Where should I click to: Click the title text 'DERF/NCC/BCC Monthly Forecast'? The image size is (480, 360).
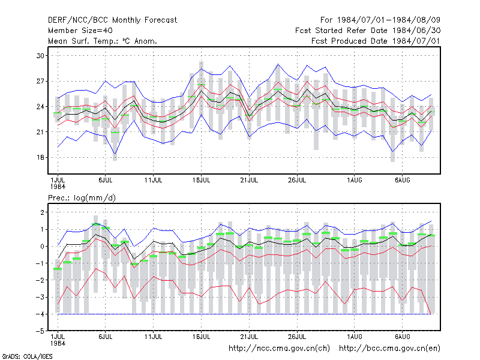(112, 20)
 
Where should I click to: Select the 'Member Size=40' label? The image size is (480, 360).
(80, 31)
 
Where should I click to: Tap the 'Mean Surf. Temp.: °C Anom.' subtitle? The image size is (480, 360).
(102, 41)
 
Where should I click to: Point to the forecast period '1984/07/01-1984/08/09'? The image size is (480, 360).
(388, 20)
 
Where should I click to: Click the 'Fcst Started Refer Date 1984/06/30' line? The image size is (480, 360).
(368, 31)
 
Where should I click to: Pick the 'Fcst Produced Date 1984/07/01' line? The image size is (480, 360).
(376, 41)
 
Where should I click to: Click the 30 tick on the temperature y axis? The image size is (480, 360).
(40, 56)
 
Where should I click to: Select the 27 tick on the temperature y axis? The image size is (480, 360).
(40, 81)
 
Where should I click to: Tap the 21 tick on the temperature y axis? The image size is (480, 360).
(40, 132)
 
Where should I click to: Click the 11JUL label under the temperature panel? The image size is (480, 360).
(153, 181)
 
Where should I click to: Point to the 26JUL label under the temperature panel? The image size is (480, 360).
(296, 181)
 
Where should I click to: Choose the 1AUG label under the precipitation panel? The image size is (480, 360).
(354, 337)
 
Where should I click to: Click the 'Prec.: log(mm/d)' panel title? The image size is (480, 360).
(82, 198)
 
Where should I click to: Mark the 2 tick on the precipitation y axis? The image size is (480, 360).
(42, 212)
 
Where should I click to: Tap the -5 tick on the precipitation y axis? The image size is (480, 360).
(40, 331)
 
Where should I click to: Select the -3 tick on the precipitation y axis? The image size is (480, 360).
(40, 297)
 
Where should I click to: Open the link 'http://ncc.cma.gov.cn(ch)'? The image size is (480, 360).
(279, 349)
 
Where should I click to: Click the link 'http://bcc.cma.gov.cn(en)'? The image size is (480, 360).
(389, 349)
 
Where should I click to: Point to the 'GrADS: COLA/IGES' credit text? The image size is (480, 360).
(27, 356)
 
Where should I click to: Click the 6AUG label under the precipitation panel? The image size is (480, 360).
(402, 337)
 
